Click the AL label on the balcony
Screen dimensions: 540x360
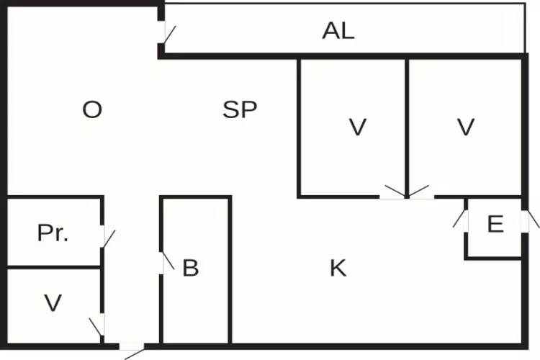pyautogui.click(x=338, y=31)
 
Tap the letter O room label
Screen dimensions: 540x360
pyautogui.click(x=92, y=110)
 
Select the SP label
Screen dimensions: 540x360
pyautogui.click(x=240, y=110)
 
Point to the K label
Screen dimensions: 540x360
pyautogui.click(x=338, y=268)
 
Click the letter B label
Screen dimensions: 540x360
pyautogui.click(x=191, y=268)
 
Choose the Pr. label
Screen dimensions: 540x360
pyautogui.click(x=53, y=233)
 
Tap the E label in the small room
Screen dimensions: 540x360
pyautogui.click(x=495, y=224)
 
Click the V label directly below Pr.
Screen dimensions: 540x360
pyautogui.click(x=53, y=303)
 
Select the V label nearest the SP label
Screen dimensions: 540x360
pyautogui.click(x=357, y=127)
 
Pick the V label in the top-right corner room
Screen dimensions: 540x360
pyautogui.click(x=466, y=127)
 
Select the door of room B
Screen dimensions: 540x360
pyautogui.click(x=167, y=263)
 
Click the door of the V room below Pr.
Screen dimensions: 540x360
pyautogui.click(x=97, y=325)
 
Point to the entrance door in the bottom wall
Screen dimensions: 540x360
pyautogui.click(x=132, y=351)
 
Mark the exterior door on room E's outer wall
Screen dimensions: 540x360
pyautogui.click(x=530, y=220)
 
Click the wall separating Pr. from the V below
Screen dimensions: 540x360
pyautogui.click(x=53, y=267)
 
